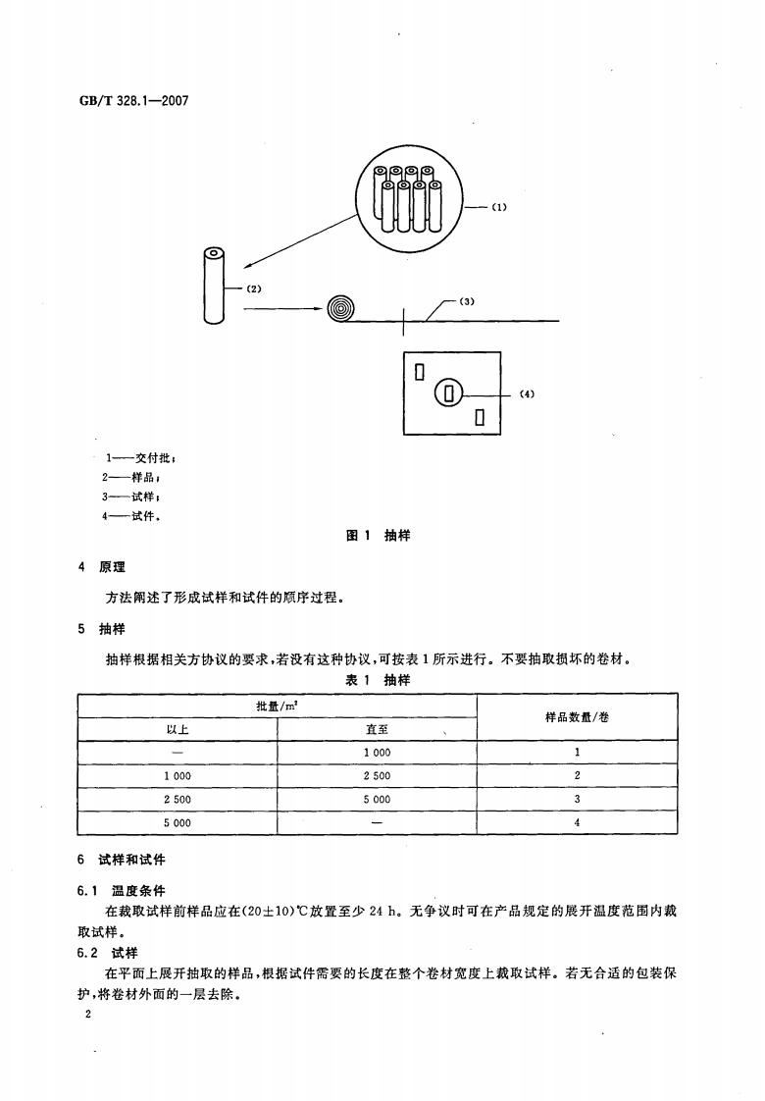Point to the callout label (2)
click(254, 288)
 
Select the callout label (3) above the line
click(467, 301)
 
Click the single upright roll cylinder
click(214, 286)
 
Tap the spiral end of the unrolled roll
click(340, 309)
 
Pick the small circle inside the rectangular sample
click(448, 393)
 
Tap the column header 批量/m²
click(277, 706)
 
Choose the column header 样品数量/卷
click(577, 717)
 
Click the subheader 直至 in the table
click(377, 729)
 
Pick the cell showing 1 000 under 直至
click(377, 753)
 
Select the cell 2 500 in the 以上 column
click(178, 800)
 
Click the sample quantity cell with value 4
click(577, 823)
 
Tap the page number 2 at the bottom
click(88, 1015)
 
